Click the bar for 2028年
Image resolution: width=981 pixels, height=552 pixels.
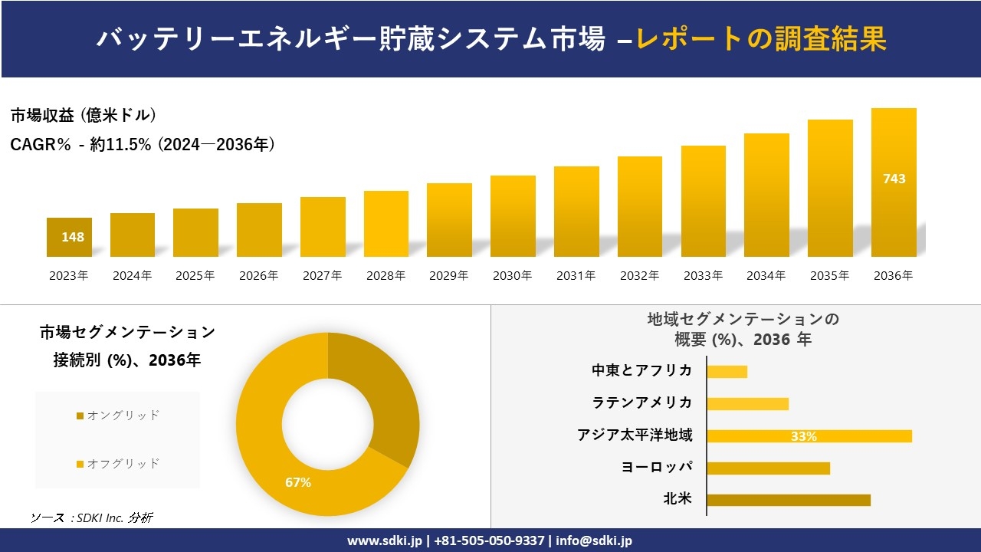click(386, 224)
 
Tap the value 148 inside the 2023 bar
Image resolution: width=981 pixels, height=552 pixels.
click(73, 237)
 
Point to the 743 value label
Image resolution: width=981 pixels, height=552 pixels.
click(894, 179)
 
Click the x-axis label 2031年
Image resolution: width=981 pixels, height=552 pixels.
click(576, 275)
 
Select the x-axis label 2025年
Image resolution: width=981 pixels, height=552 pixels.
click(195, 275)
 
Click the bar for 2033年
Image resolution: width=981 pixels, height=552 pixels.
click(703, 201)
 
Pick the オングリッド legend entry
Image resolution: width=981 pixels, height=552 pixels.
click(119, 415)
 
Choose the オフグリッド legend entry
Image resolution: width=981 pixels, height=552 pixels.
click(119, 463)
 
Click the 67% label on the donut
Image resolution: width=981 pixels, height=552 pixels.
click(298, 482)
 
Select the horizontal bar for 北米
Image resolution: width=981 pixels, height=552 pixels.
click(788, 500)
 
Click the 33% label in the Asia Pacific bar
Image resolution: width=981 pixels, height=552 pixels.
click(803, 436)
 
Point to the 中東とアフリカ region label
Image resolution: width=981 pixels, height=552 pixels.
click(642, 370)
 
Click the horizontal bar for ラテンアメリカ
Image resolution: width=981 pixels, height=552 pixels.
click(747, 403)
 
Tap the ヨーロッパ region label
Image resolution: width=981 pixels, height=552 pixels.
click(657, 467)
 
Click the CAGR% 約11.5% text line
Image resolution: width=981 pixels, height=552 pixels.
click(143, 144)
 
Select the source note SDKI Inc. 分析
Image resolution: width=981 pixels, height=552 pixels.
click(91, 517)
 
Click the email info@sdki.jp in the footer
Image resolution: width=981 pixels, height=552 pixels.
click(594, 540)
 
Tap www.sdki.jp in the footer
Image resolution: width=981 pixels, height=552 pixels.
click(385, 540)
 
